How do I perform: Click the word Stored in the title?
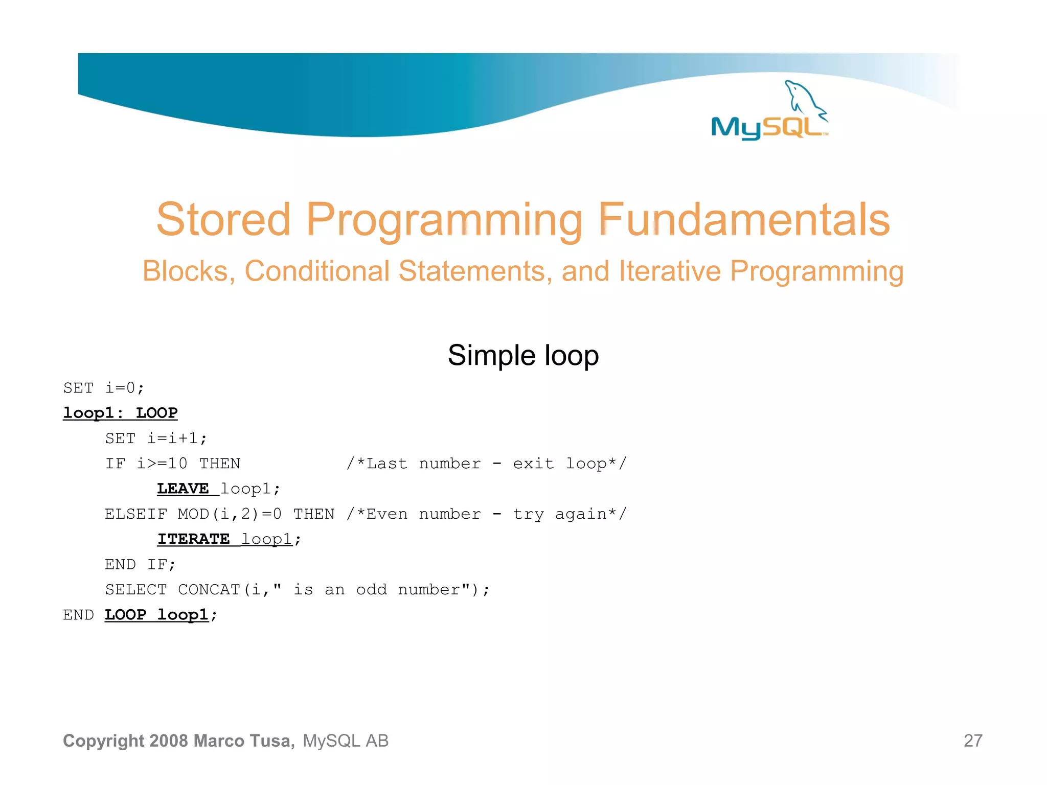pyautogui.click(x=223, y=220)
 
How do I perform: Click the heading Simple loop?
pyautogui.click(x=523, y=355)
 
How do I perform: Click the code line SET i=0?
pyautogui.click(x=104, y=388)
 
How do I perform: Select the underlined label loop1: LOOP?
pyautogui.click(x=120, y=413)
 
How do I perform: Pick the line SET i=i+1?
pyautogui.click(x=156, y=438)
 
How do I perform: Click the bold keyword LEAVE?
pyautogui.click(x=183, y=489)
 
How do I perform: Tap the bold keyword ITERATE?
pyautogui.click(x=193, y=539)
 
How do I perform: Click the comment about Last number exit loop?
pyautogui.click(x=486, y=464)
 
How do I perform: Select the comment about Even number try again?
pyautogui.click(x=486, y=514)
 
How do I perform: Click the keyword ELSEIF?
pyautogui.click(x=136, y=514)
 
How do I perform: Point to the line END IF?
pyautogui.click(x=140, y=565)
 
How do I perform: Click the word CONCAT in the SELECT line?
pyautogui.click(x=209, y=590)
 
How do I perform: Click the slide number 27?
pyautogui.click(x=973, y=741)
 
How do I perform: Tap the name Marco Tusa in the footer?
pyautogui.click(x=244, y=741)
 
